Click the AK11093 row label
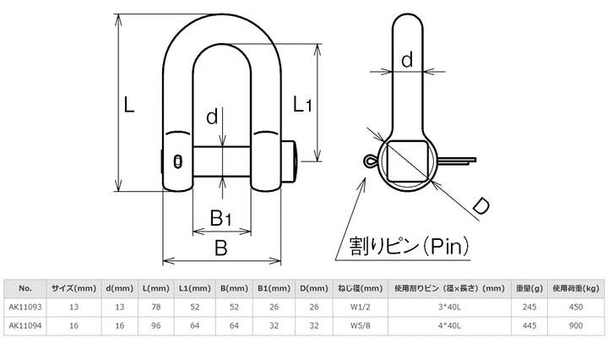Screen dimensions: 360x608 click(24, 307)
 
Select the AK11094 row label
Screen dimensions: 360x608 click(24, 325)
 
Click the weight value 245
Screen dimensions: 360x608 click(530, 307)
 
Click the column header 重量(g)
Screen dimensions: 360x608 click(530, 287)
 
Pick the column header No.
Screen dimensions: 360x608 click(24, 287)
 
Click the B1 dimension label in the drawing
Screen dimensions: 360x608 click(220, 218)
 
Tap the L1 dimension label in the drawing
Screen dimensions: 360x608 click(303, 105)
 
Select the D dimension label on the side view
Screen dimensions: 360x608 click(480, 205)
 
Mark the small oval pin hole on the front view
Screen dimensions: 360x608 click(178, 161)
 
